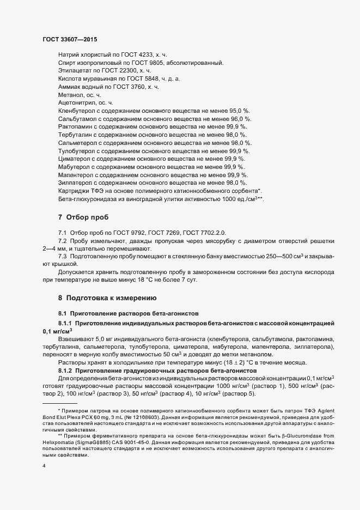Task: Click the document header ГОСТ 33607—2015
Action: click(70, 39)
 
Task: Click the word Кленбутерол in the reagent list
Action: click(76, 111)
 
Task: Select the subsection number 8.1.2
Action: click(66, 371)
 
